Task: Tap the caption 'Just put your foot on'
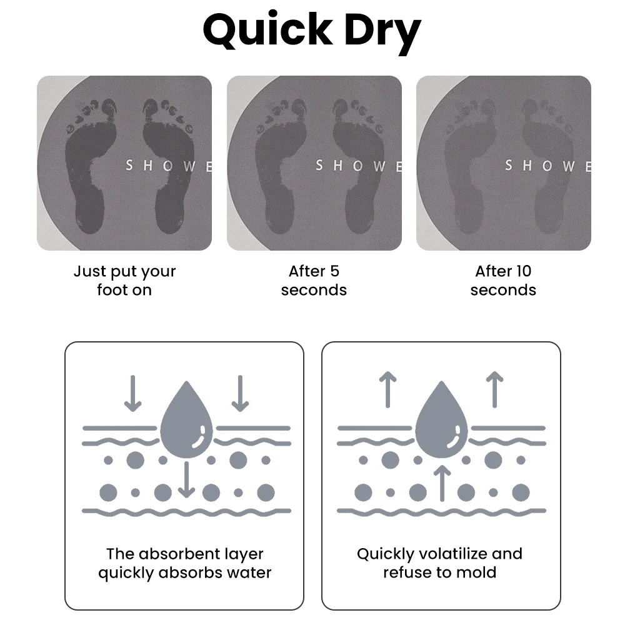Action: tap(124, 281)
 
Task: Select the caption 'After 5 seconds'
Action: tap(314, 281)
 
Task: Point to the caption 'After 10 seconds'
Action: tap(503, 281)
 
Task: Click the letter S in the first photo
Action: tap(129, 166)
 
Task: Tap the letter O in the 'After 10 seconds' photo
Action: tap(548, 166)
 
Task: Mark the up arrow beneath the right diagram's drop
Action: tap(442, 482)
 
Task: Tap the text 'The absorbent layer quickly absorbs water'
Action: tap(185, 563)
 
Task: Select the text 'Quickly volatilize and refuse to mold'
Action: tap(439, 563)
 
